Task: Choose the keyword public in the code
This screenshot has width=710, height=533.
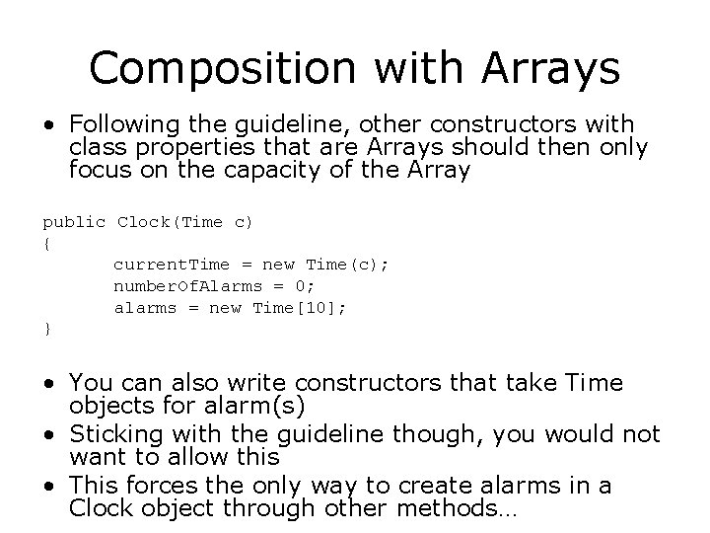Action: [74, 222]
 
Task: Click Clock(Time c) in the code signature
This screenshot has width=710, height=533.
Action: [185, 222]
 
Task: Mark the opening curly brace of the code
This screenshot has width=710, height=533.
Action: [46, 243]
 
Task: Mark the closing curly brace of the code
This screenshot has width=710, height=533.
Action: [46, 329]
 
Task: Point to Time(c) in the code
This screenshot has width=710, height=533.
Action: [348, 265]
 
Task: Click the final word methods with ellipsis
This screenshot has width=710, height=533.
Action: [455, 510]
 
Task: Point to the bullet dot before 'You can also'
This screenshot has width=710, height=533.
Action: [49, 383]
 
